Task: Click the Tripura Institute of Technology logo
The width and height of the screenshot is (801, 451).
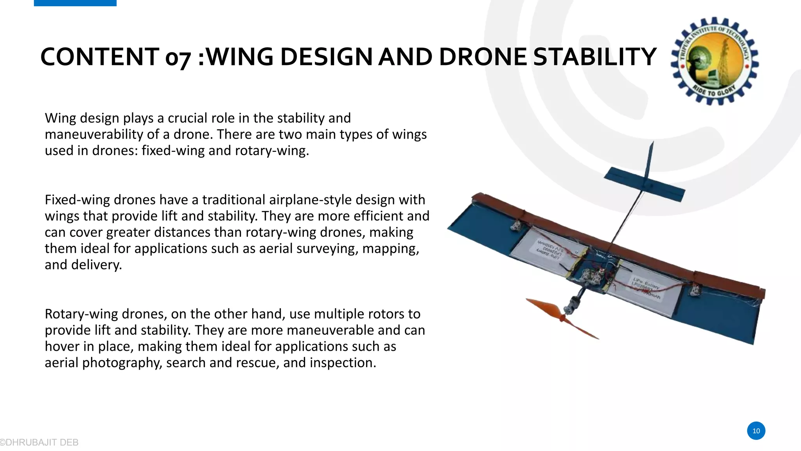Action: (715, 61)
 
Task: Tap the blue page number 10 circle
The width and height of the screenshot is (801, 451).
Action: (756, 431)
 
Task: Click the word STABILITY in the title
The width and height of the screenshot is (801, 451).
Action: (594, 57)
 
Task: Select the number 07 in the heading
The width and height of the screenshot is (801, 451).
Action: (178, 58)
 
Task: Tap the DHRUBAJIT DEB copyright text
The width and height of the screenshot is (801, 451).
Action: (40, 442)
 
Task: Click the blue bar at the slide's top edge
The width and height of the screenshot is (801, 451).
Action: (75, 3)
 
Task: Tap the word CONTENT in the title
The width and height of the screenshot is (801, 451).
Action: (100, 57)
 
